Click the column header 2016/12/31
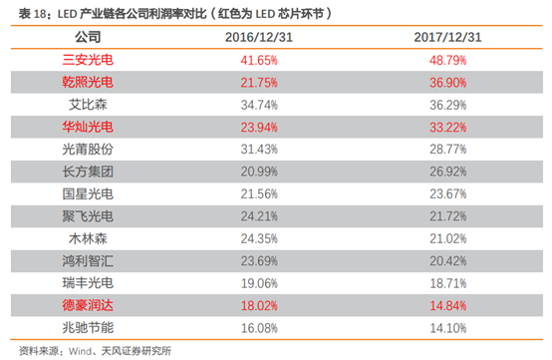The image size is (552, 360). (x=258, y=38)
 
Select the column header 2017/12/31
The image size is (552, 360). (x=447, y=38)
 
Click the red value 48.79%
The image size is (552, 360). (x=447, y=60)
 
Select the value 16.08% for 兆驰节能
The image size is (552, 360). (x=258, y=327)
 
